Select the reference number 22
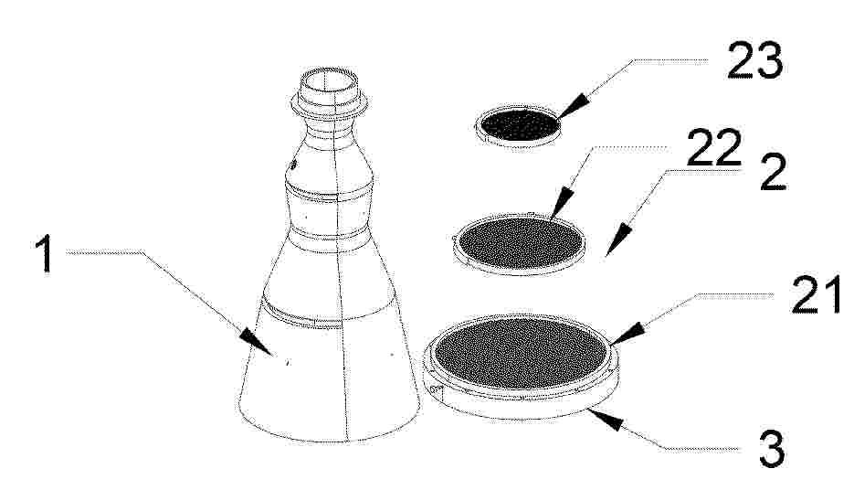(714, 147)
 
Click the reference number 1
(44, 253)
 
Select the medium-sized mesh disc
(520, 244)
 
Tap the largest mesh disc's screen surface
(522, 355)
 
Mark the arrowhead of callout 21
(627, 334)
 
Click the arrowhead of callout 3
(606, 419)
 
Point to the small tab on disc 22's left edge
(455, 239)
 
